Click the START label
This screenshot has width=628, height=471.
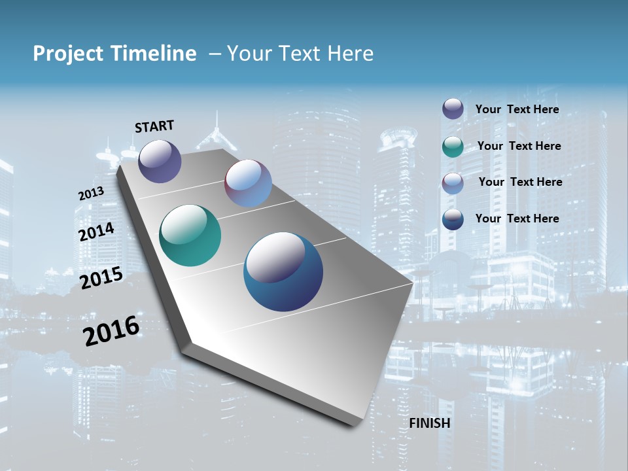pyautogui.click(x=154, y=126)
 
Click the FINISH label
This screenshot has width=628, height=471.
pyautogui.click(x=430, y=423)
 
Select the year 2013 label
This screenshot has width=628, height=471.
pyautogui.click(x=91, y=194)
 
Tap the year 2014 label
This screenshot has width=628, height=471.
pyautogui.click(x=96, y=232)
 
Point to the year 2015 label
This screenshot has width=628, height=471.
pyautogui.click(x=101, y=278)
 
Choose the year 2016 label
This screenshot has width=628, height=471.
pyautogui.click(x=111, y=330)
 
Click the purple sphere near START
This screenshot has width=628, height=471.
pyautogui.click(x=160, y=161)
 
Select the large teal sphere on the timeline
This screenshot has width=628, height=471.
pyautogui.click(x=190, y=235)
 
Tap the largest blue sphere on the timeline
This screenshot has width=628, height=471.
pyautogui.click(x=283, y=271)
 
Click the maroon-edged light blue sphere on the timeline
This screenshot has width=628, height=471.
pyautogui.click(x=248, y=183)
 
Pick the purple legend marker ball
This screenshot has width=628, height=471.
pyautogui.click(x=453, y=109)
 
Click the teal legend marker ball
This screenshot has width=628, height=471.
pyautogui.click(x=453, y=147)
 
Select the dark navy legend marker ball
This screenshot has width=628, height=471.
pyautogui.click(x=453, y=219)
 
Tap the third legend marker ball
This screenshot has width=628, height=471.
pyautogui.click(x=453, y=183)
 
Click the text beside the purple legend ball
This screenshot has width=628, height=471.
pyautogui.click(x=517, y=109)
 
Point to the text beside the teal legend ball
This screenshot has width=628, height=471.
pyautogui.click(x=519, y=146)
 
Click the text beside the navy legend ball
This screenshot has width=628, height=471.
pyautogui.click(x=517, y=218)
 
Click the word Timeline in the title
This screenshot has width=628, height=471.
pyautogui.click(x=155, y=54)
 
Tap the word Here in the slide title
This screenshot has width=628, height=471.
pyautogui.click(x=351, y=54)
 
